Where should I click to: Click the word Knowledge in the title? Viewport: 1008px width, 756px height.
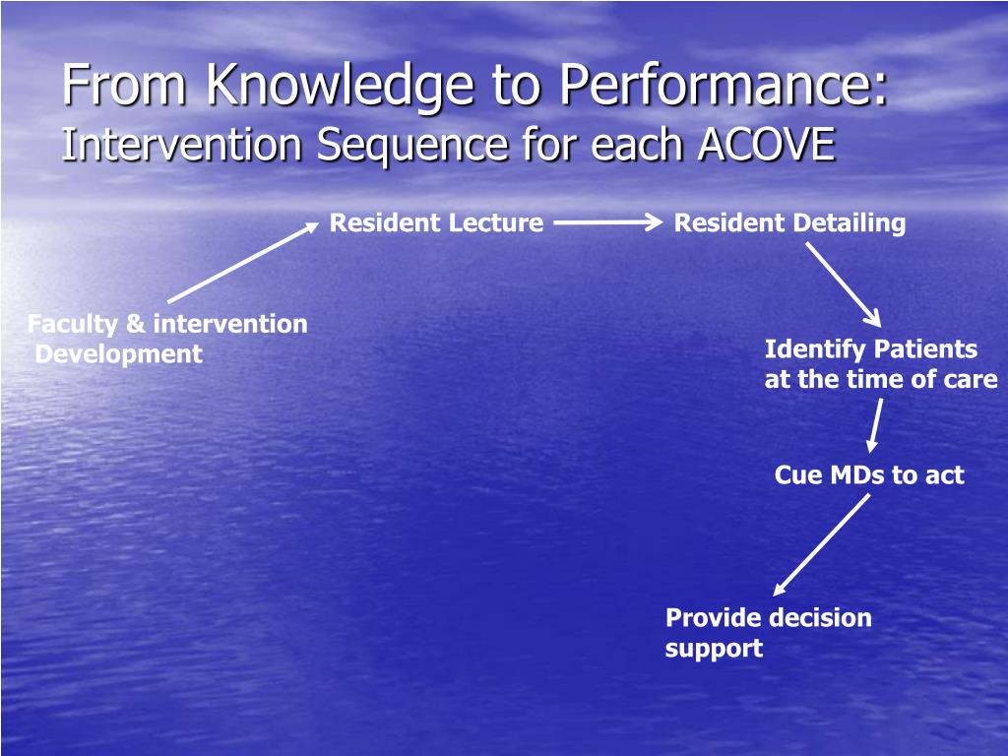(x=341, y=87)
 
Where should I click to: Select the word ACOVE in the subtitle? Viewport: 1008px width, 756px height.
(x=766, y=144)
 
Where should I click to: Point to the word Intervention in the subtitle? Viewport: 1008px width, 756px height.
(x=182, y=144)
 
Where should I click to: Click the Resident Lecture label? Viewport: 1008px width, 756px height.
(x=436, y=223)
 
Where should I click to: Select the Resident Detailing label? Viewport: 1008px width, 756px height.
(x=790, y=223)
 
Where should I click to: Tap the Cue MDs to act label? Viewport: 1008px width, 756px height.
(x=869, y=475)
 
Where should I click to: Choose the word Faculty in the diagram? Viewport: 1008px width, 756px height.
(x=73, y=324)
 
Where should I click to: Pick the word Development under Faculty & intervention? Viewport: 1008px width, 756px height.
(x=119, y=354)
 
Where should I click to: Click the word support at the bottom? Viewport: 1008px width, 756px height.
(x=715, y=649)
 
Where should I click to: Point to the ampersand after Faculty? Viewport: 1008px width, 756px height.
(x=136, y=323)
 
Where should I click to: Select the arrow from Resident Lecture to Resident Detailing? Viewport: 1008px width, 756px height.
(x=608, y=222)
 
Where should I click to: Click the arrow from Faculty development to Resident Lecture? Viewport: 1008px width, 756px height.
(x=243, y=262)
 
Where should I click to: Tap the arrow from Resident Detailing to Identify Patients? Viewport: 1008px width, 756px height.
(x=844, y=284)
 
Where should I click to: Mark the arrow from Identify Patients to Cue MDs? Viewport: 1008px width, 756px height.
(x=874, y=425)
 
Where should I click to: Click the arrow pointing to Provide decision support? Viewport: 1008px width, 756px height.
(x=821, y=545)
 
